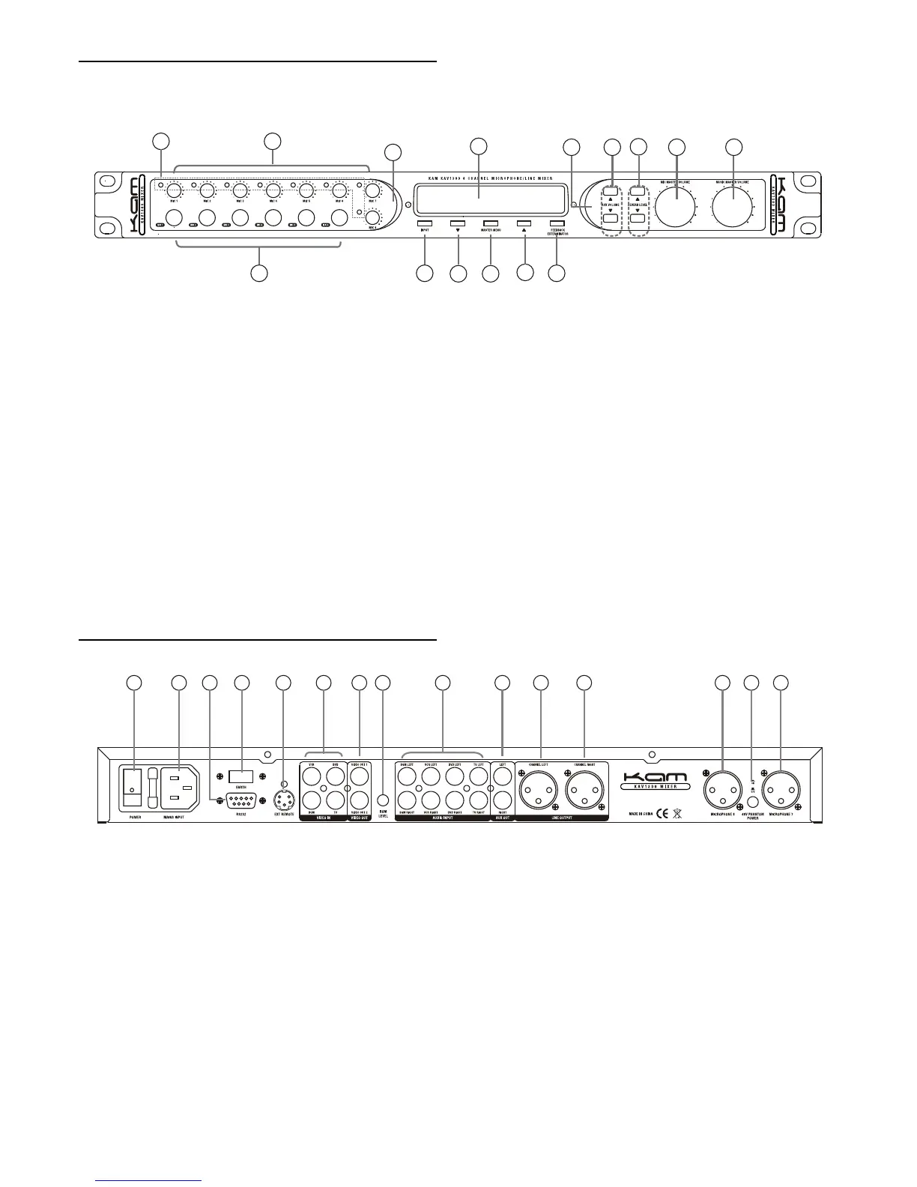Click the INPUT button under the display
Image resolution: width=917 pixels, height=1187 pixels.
[425, 223]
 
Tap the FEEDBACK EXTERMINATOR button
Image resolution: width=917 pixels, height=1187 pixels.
[557, 223]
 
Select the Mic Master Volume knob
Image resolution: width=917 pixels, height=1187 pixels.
[676, 205]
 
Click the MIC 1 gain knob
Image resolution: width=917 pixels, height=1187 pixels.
[175, 187]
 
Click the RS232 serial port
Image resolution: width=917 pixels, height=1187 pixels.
[241, 800]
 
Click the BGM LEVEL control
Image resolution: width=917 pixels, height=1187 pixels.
[383, 801]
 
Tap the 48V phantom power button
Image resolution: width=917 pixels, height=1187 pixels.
[751, 801]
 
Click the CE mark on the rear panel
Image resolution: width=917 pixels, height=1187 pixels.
[662, 813]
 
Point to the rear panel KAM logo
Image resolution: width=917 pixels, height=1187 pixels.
[654, 779]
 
